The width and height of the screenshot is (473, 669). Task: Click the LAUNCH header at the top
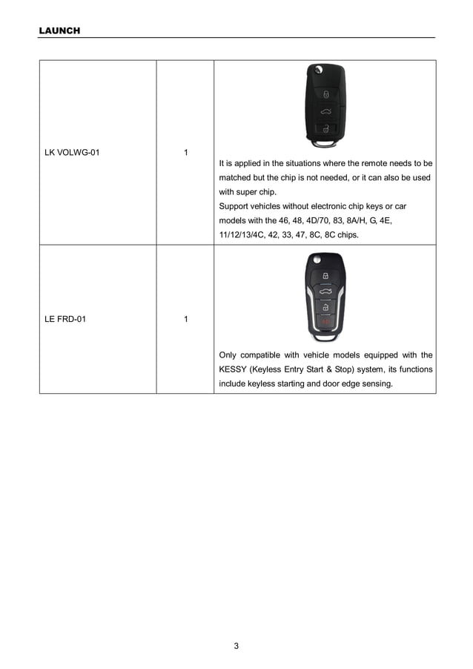[x=59, y=30]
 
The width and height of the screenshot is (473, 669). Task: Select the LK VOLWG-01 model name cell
[x=72, y=153]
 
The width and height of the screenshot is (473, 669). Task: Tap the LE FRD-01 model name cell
[x=65, y=319]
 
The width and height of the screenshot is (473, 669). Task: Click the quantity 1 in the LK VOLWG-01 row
[x=185, y=153]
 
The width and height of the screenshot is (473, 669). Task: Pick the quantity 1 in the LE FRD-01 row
[x=185, y=319]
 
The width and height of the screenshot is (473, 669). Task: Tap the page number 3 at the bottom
[x=236, y=645]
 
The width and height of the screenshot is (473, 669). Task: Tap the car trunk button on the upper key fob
[x=325, y=111]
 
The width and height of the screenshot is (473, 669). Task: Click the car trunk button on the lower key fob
[x=325, y=290]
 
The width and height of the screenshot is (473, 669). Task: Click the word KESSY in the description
[x=234, y=369]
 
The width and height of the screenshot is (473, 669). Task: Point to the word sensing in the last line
[x=375, y=383]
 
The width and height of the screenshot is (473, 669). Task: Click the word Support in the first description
[x=234, y=206]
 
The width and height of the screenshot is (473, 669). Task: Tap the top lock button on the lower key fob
[x=325, y=275]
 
